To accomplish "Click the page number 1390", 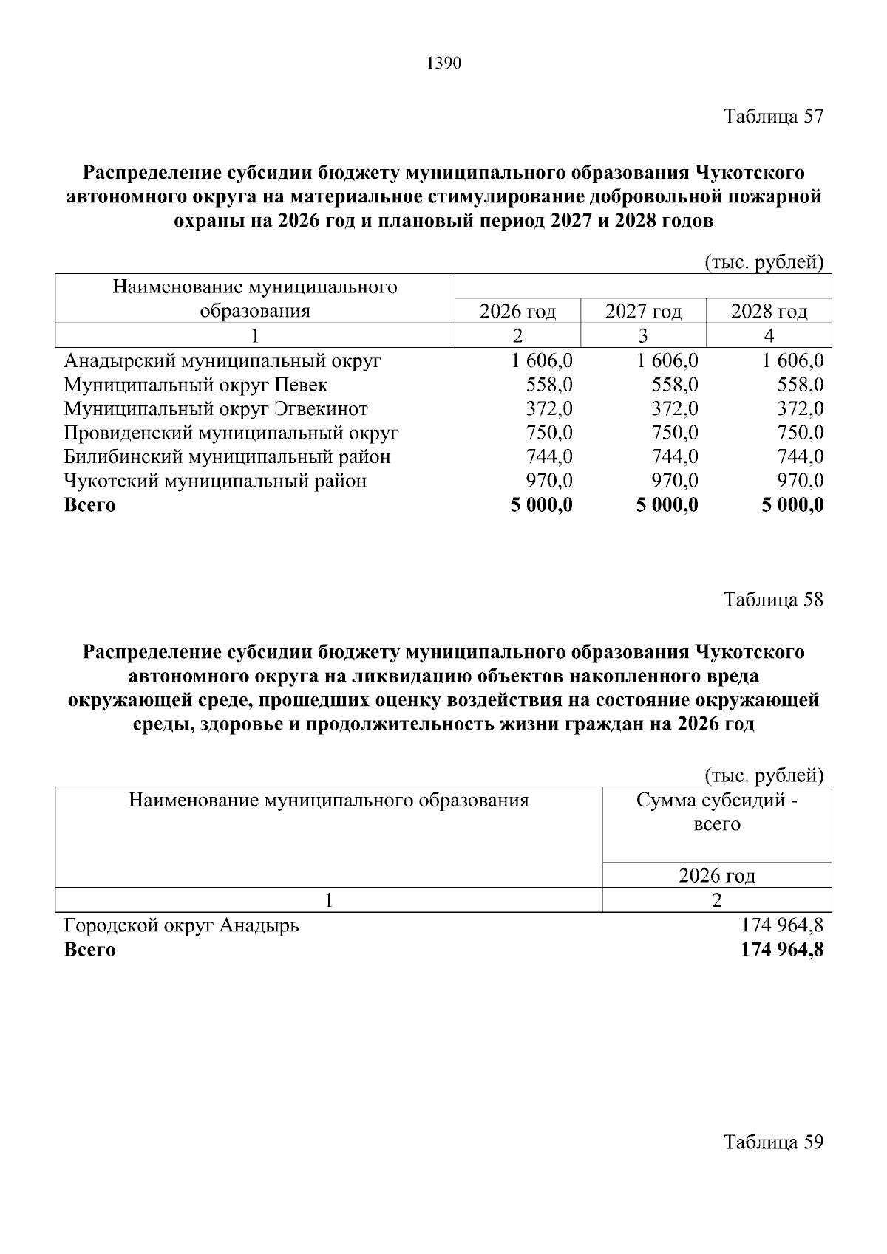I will tap(444, 64).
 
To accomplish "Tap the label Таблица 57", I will tap(773, 117).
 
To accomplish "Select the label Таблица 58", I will tap(773, 599).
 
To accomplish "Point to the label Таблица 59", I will tap(773, 1142).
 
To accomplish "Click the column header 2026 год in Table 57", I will tap(517, 311).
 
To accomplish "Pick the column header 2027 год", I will tap(643, 311).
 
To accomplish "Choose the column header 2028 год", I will tap(769, 311).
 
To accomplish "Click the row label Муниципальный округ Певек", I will tap(195, 385).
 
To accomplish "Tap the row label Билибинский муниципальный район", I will tap(227, 456).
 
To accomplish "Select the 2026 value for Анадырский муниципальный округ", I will tap(541, 361).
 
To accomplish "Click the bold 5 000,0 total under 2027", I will tap(667, 505).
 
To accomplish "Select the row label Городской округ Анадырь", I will tap(181, 925).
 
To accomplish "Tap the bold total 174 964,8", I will tap(782, 949).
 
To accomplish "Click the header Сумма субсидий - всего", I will tap(717, 812).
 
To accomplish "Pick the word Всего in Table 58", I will tap(89, 949).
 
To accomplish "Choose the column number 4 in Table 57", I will tap(769, 336).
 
